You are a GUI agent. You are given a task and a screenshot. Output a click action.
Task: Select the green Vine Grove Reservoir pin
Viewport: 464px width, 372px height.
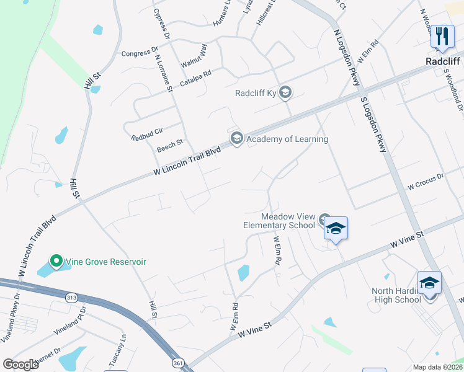55,262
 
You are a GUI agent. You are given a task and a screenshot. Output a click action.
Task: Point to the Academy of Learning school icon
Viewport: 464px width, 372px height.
236,139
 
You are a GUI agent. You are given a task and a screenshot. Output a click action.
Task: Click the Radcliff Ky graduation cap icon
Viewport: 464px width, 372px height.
285,93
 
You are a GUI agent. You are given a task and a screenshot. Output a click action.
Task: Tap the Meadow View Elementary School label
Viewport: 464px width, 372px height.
288,221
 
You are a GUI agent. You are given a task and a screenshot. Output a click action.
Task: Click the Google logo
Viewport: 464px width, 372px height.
20,365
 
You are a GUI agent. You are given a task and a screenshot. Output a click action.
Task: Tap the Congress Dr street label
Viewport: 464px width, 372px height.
140,53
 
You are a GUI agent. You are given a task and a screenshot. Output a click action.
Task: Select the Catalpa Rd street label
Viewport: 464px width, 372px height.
195,77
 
